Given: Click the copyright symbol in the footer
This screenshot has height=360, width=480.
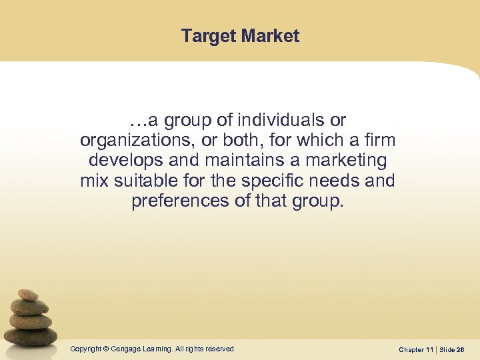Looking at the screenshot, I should tap(105, 349).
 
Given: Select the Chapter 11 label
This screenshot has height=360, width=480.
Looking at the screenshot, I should tap(416, 349).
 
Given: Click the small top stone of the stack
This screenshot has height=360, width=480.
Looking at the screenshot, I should tap(28, 295).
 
